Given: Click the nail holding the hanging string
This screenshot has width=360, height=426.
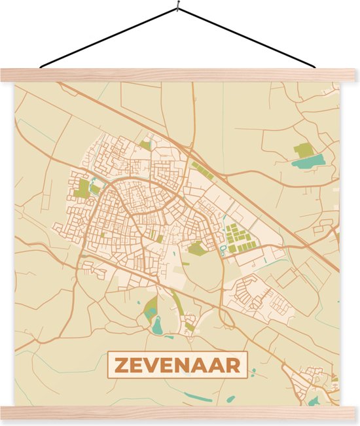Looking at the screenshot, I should [177, 7].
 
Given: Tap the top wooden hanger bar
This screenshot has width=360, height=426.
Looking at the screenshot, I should [178, 75].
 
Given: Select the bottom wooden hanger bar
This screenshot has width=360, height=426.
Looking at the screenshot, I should [178, 412].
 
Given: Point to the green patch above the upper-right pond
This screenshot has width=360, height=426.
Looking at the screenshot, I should [304, 151].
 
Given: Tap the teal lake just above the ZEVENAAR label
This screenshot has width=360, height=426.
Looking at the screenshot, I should [157, 325].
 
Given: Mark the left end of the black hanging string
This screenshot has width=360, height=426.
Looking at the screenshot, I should [41, 67].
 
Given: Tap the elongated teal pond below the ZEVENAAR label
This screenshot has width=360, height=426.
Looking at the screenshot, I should [198, 396].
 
